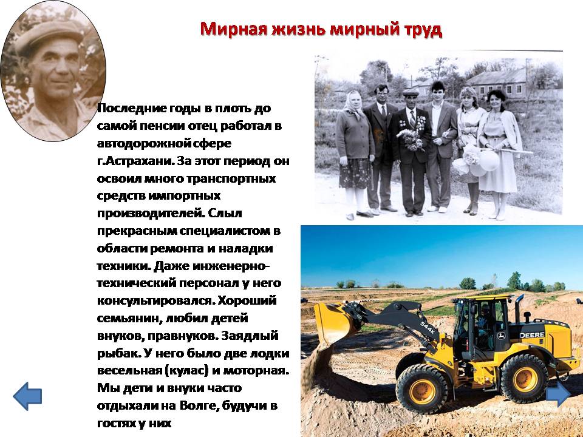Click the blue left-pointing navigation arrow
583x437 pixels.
(x=27, y=396)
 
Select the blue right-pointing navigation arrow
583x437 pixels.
(x=559, y=393)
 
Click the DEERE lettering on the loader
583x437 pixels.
(x=532, y=335)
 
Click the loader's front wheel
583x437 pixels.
(x=422, y=389)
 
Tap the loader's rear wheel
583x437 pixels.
(x=525, y=378)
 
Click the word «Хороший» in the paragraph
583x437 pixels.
(x=247, y=300)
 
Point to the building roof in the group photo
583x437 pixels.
(x=496, y=77)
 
